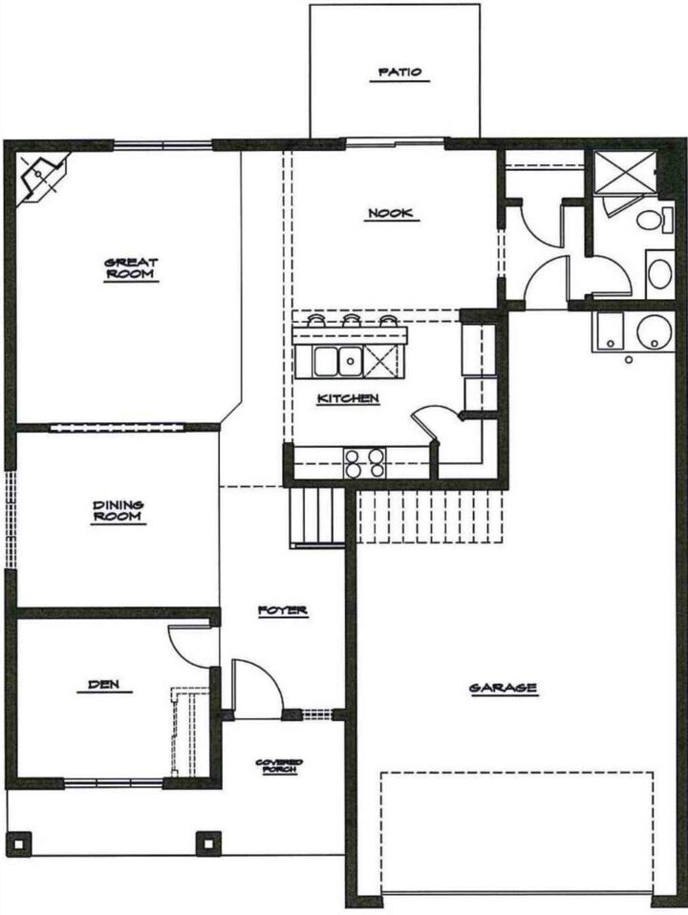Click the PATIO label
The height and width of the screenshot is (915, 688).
pos(399,73)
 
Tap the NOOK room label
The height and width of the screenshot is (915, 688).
pos(391,214)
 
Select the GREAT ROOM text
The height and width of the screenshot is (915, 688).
pos(132,269)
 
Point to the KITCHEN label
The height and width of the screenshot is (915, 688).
pos(349,398)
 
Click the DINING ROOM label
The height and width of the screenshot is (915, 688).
pos(118,512)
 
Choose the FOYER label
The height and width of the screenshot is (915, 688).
pos(283,610)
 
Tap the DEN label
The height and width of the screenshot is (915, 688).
pos(110,685)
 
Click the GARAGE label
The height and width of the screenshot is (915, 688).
pos(503,688)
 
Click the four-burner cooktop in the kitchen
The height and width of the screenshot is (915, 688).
pos(364,462)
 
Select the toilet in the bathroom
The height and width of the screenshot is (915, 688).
pos(654,222)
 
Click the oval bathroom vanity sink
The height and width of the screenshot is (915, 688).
pos(659,273)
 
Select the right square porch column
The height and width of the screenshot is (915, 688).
pos(207,843)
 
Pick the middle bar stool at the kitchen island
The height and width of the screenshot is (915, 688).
pos(352,322)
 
